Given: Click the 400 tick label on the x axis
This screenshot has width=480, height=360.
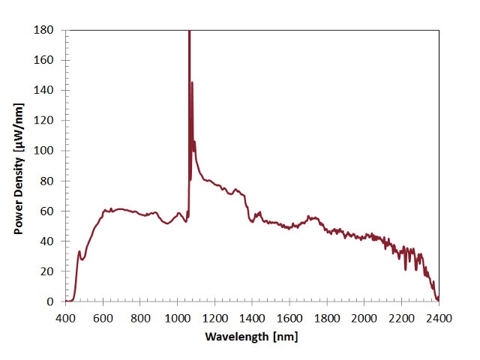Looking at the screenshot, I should pyautogui.click(x=66, y=317).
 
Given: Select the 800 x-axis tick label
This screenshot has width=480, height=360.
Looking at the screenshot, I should pyautogui.click(x=140, y=317).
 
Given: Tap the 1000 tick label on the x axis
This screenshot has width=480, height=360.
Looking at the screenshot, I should pyautogui.click(x=177, y=317).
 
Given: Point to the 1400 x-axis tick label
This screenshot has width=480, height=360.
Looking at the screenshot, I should pyautogui.click(x=252, y=317).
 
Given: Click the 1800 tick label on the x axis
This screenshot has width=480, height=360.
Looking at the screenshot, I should pyautogui.click(x=327, y=317).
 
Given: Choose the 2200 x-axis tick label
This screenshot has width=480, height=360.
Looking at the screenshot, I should pyautogui.click(x=401, y=317).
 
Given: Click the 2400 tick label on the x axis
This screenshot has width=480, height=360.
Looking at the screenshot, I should pyautogui.click(x=439, y=317).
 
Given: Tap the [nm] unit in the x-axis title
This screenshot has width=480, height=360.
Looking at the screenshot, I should pyautogui.click(x=285, y=337).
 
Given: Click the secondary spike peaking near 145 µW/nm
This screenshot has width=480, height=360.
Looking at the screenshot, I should pyautogui.click(x=192, y=83).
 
